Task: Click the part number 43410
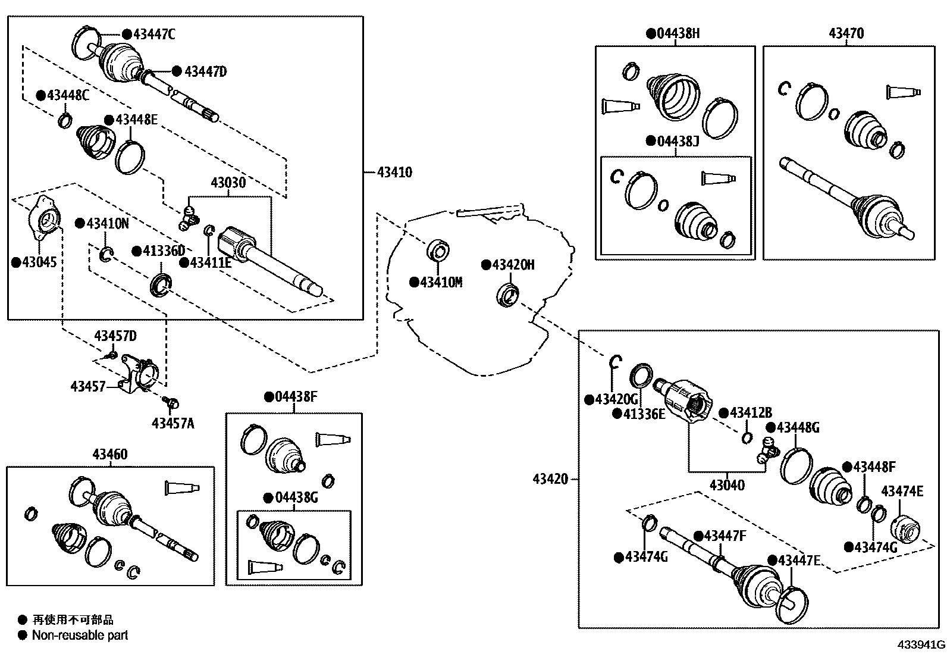(x=394, y=173)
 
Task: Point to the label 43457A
(x=173, y=424)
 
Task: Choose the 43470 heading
(x=846, y=33)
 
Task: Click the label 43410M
(x=440, y=283)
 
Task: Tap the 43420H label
(x=513, y=265)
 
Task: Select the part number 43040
(x=726, y=486)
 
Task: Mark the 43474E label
(x=902, y=491)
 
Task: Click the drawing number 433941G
(x=921, y=645)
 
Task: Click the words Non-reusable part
(x=80, y=636)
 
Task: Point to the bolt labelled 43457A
(x=171, y=404)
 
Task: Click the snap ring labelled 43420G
(x=616, y=362)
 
